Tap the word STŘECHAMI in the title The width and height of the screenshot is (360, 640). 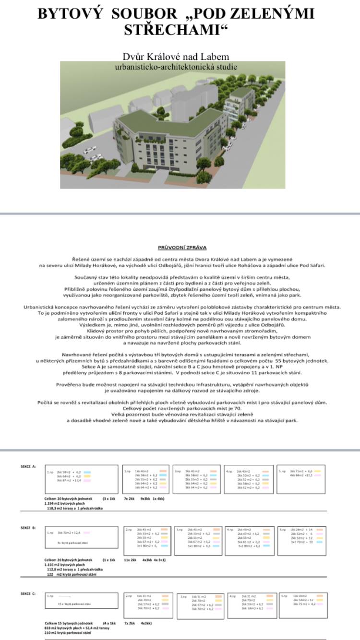point(175,30)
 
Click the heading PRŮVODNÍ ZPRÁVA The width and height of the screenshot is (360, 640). point(182,248)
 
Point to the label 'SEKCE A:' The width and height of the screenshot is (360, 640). point(28,466)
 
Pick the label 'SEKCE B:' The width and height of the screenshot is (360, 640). point(28,528)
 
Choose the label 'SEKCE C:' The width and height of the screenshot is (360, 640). point(28,594)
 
